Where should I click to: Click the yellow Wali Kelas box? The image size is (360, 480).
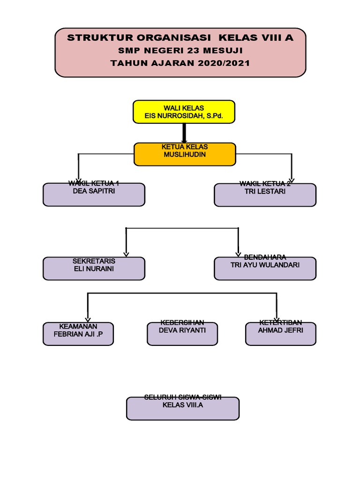tap(184, 112)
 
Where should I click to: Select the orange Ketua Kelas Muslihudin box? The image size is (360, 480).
tap(185, 154)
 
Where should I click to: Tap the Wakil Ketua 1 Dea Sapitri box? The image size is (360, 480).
tap(94, 195)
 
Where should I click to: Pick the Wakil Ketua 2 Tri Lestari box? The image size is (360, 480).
tap(265, 195)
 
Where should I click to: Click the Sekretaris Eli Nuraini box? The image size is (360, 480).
tap(94, 269)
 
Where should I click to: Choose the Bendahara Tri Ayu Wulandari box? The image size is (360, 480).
tap(265, 269)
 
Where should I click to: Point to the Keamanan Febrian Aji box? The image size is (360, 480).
tap(78, 334)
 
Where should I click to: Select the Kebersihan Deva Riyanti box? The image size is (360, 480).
tap(182, 334)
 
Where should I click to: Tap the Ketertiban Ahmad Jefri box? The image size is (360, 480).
tap(280, 334)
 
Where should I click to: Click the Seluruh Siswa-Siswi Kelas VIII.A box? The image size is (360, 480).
tap(183, 408)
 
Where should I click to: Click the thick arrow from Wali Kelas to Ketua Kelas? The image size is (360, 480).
tap(184, 133)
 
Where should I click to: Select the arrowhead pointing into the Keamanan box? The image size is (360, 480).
tap(88, 319)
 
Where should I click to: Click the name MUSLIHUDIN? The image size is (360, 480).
tap(185, 154)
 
